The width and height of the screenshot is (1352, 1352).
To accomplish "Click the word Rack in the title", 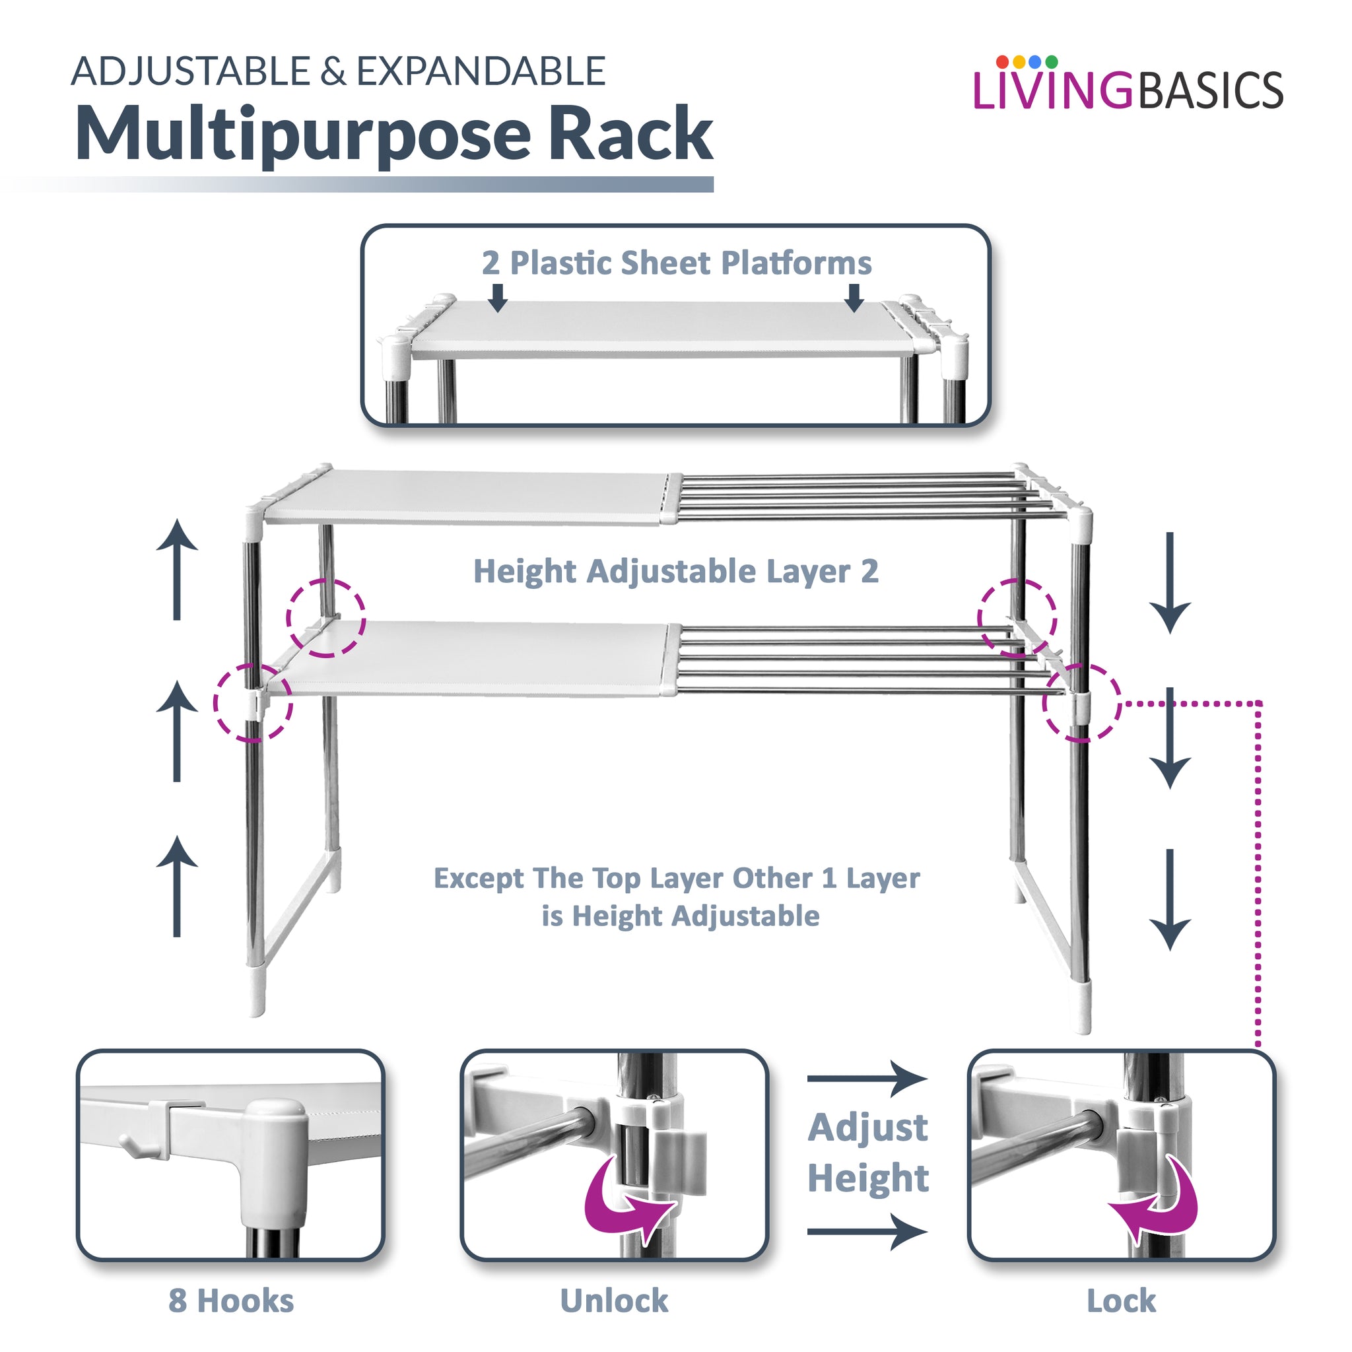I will coord(630,133).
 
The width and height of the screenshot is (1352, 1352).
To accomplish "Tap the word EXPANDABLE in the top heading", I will coord(481,71).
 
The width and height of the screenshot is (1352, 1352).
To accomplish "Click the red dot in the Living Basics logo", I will coord(1002,61).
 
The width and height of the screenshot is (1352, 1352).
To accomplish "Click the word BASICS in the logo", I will coord(1210,91).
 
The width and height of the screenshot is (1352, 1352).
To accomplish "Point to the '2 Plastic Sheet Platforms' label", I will coord(676,263).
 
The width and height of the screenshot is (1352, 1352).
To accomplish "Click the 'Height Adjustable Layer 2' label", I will coord(675,571).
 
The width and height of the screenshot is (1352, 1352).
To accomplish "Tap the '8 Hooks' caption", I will coord(231,1301).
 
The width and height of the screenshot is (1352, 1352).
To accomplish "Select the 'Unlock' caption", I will coord(614,1301).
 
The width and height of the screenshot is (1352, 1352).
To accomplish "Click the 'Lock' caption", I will coord(1121,1301).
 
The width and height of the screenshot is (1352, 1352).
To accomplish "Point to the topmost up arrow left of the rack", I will coord(177,568).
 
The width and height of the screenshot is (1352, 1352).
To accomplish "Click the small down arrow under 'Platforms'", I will coord(854,298).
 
